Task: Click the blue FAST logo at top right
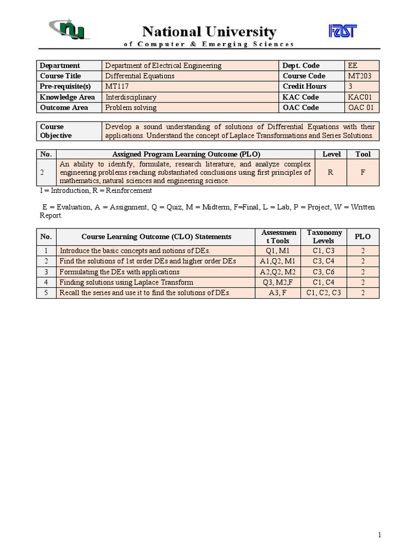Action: pos(342,32)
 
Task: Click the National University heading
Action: pos(209,32)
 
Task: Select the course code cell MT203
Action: pos(360,76)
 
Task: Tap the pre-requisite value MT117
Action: pos(117,86)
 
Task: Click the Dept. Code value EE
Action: pos(353,65)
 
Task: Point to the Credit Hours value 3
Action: pos(351,86)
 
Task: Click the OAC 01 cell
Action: pos(361,107)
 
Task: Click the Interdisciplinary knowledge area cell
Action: pos(131,97)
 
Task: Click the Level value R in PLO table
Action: pos(331,172)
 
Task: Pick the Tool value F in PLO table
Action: pos(363,172)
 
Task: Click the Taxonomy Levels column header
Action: pos(324,236)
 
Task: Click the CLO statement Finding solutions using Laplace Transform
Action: pos(126,282)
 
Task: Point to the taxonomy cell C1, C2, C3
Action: pos(324,293)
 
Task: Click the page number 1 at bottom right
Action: pos(379,535)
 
